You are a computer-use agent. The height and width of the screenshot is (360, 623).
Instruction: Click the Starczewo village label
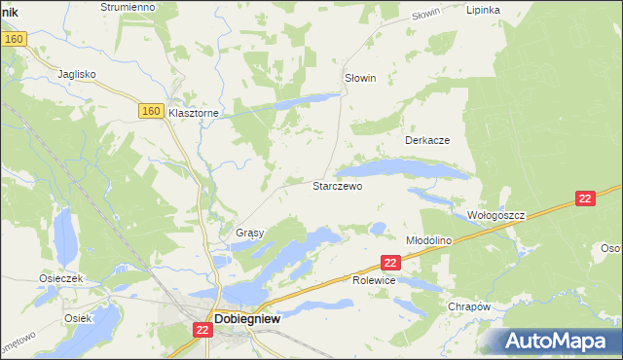pyautogui.click(x=337, y=185)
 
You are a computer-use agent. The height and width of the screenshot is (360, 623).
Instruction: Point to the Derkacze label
pyautogui.click(x=427, y=140)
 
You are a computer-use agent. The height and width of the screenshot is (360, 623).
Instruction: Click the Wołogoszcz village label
pyautogui.click(x=495, y=214)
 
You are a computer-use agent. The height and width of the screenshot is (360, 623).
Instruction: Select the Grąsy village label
pyautogui.click(x=250, y=234)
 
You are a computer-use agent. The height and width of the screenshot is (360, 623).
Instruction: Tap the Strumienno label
pyautogui.click(x=128, y=7)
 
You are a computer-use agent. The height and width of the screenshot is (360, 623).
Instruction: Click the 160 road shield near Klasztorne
pyautogui.click(x=150, y=112)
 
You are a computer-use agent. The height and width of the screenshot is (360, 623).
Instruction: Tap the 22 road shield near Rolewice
pyautogui.click(x=390, y=263)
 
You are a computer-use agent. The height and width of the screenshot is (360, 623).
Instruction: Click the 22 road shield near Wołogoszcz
pyautogui.click(x=584, y=198)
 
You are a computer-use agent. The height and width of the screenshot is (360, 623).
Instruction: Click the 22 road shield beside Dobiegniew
pyautogui.click(x=202, y=331)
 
